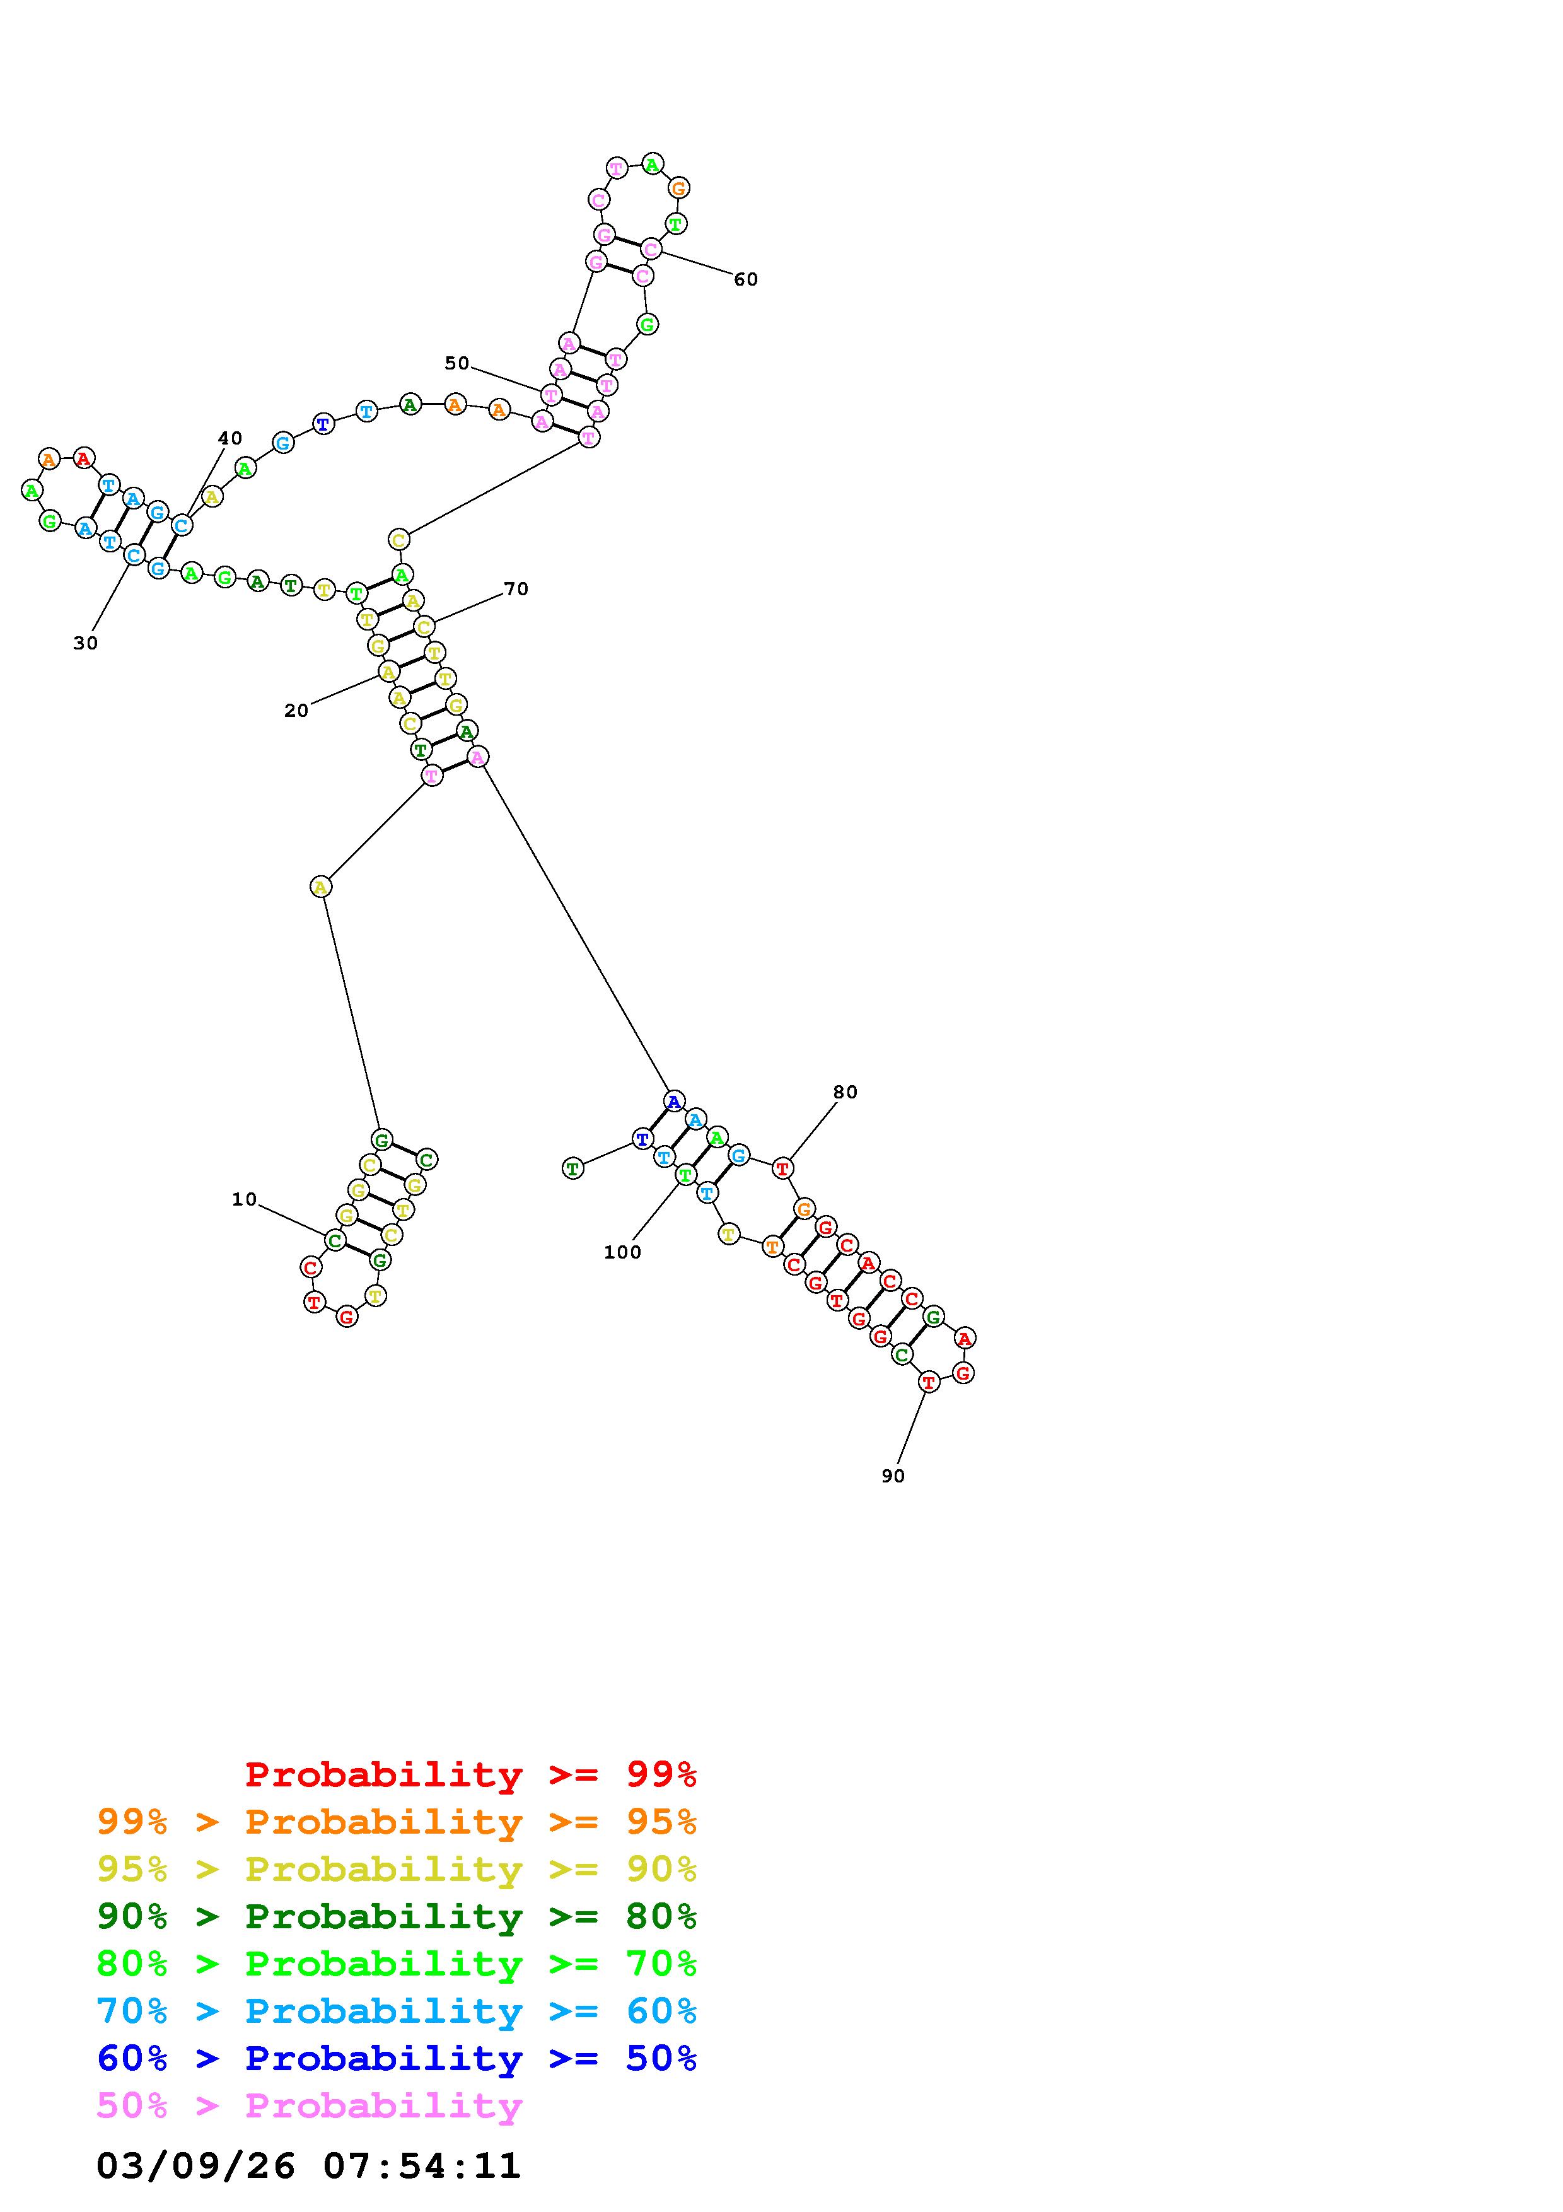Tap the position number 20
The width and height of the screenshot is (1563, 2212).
point(296,711)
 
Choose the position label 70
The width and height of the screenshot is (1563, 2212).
point(516,590)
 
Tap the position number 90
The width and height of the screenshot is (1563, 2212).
point(893,1476)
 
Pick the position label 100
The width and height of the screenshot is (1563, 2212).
point(622,1252)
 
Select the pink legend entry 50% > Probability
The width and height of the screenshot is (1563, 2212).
point(309,2106)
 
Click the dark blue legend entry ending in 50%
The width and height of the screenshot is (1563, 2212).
point(397,2059)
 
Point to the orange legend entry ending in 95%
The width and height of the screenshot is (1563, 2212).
point(397,1822)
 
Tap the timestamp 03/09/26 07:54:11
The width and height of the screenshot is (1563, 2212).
point(308,2166)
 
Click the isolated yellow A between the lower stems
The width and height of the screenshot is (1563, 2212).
point(322,887)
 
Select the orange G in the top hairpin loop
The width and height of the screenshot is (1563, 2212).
point(679,189)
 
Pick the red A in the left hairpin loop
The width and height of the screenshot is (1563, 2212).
point(84,458)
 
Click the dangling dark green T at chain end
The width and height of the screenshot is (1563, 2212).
point(573,1168)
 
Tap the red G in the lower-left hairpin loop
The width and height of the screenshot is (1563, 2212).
point(347,1316)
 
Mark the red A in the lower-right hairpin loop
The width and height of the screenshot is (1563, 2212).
point(965,1337)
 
